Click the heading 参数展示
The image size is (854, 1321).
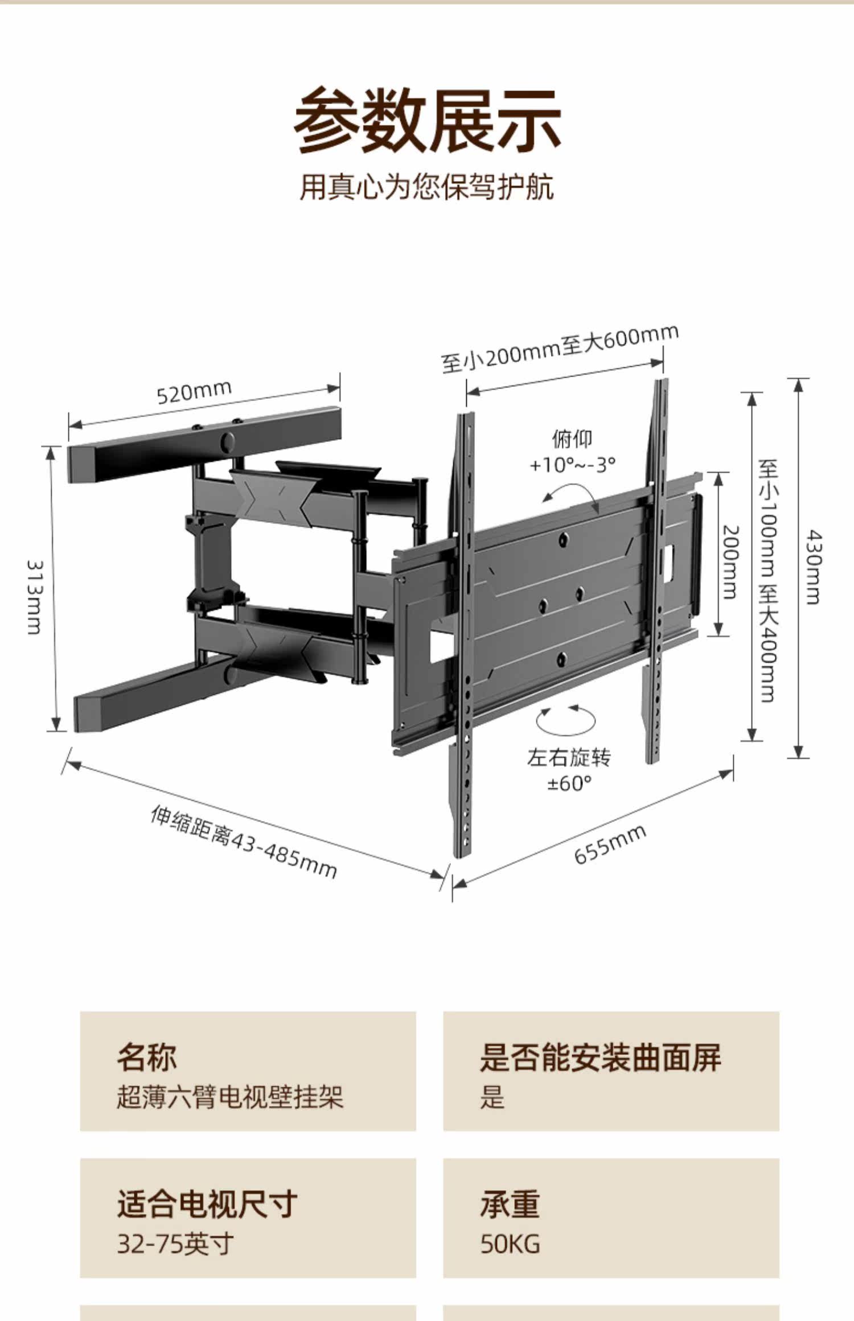click(x=427, y=121)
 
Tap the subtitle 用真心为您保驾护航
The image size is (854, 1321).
click(x=427, y=187)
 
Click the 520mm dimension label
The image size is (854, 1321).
click(x=194, y=391)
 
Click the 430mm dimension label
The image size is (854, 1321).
click(x=814, y=567)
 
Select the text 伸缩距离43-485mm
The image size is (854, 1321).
click(x=244, y=842)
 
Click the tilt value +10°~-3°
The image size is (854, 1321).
click(x=573, y=465)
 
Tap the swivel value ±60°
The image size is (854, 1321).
click(x=569, y=783)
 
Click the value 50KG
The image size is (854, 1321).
click(x=510, y=1244)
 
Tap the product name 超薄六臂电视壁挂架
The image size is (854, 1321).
click(x=230, y=1097)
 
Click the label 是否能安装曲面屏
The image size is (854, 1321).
click(x=600, y=1057)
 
